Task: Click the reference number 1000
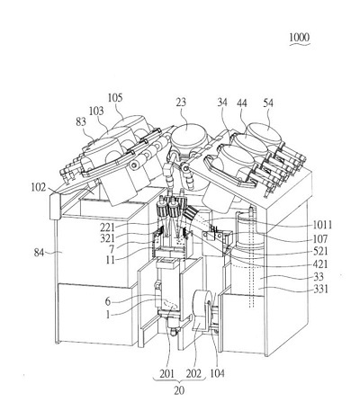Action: click(x=299, y=38)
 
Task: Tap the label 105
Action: click(x=115, y=98)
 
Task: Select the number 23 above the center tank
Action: click(x=181, y=103)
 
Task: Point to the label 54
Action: click(x=268, y=103)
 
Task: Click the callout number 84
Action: click(x=39, y=253)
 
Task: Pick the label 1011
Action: click(x=322, y=225)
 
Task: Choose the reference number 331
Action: click(x=321, y=290)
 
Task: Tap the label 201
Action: click(x=166, y=373)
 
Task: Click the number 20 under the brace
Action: click(x=179, y=390)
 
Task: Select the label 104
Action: click(x=217, y=373)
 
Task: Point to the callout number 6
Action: click(x=108, y=301)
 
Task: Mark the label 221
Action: click(x=107, y=227)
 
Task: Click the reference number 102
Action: click(x=39, y=188)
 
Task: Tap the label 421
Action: click(x=320, y=264)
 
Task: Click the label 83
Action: click(x=81, y=121)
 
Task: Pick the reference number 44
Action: click(x=242, y=103)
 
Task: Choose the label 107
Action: click(x=320, y=238)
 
